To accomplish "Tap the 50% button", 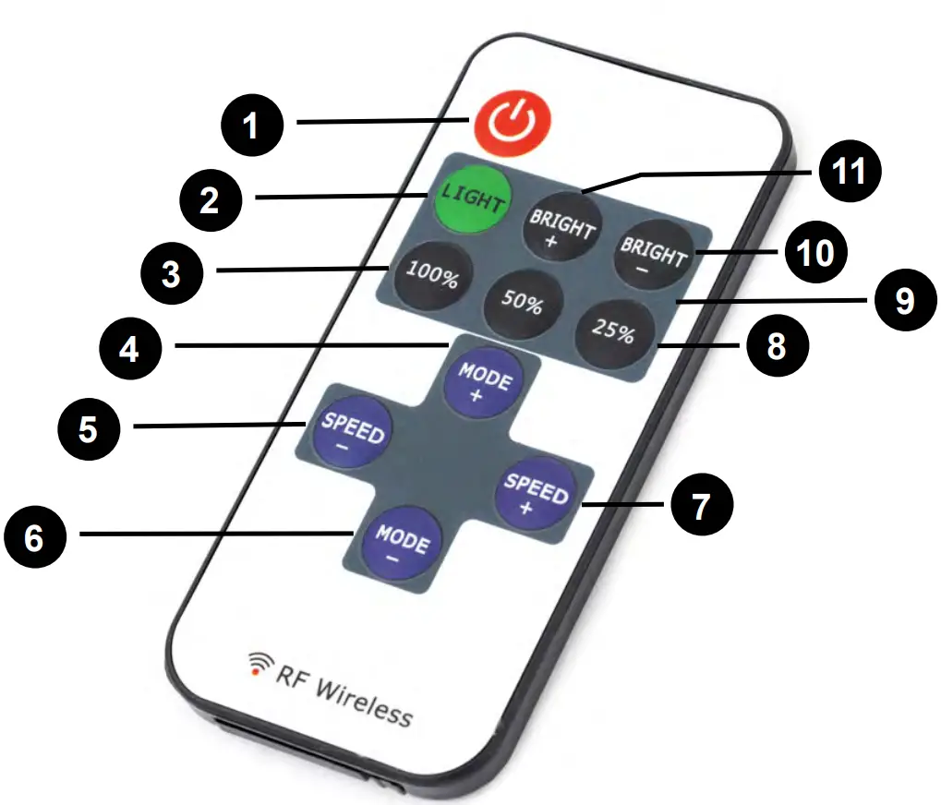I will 522,305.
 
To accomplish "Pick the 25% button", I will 612,330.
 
